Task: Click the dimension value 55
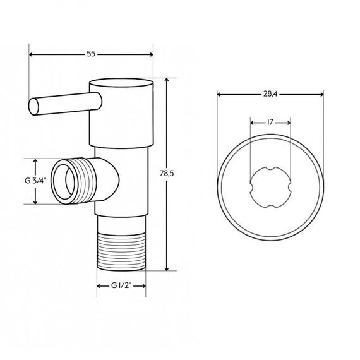[x=91, y=54]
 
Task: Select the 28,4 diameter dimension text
[x=272, y=94]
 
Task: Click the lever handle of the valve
[x=60, y=104]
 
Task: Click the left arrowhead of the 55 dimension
[x=32, y=54]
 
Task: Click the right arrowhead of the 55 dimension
[x=151, y=54]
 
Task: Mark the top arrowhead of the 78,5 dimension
[x=167, y=81]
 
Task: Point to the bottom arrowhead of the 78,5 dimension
[x=167, y=268]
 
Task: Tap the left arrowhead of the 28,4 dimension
[x=219, y=95]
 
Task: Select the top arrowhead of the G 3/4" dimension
[x=35, y=160]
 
